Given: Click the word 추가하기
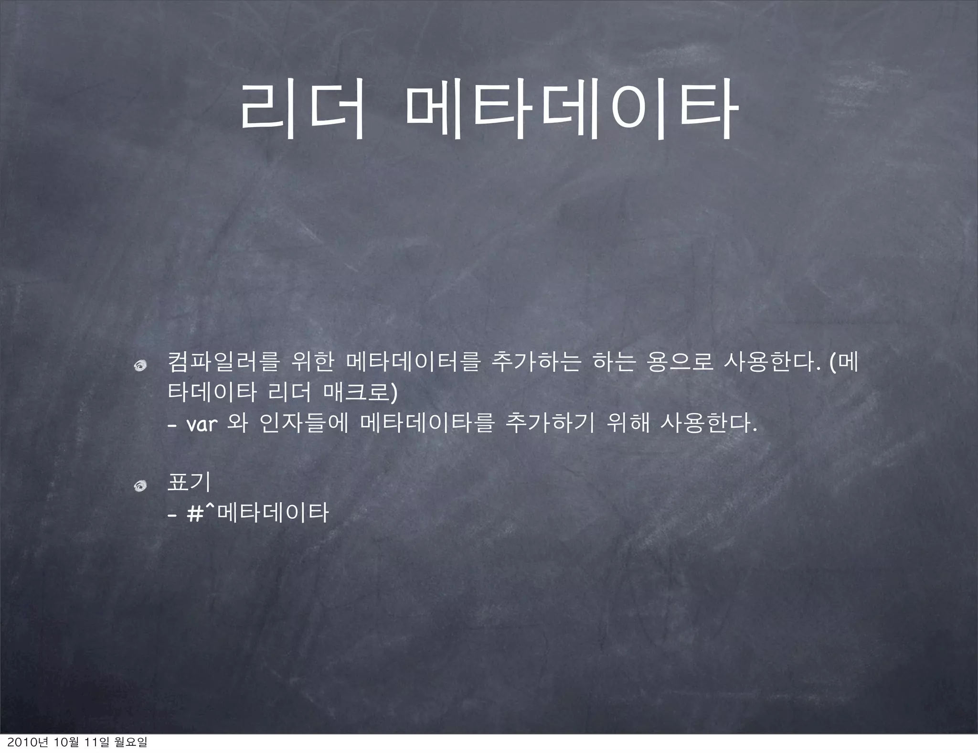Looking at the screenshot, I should (549, 423).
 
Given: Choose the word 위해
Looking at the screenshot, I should (627, 423).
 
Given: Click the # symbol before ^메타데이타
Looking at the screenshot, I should (195, 514).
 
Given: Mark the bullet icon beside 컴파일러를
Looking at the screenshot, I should (140, 366).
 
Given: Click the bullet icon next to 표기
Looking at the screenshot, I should (140, 486).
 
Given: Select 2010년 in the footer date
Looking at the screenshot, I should (19, 742).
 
